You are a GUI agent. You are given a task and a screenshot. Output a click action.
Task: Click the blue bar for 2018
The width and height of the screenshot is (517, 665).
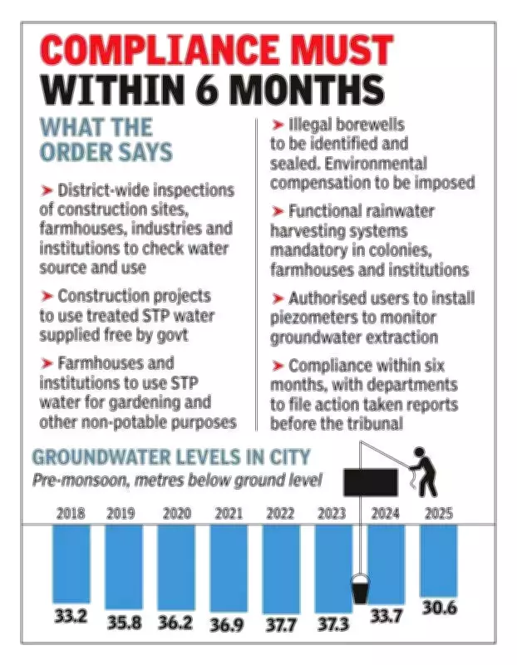pyautogui.click(x=71, y=562)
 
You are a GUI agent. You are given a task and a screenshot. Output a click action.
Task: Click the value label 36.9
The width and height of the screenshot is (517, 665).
pyautogui.click(x=229, y=624)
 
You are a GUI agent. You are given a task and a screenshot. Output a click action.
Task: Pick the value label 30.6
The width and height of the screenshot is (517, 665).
pyautogui.click(x=439, y=608)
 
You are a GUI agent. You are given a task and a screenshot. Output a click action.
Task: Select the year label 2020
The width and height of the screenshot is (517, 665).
pyautogui.click(x=176, y=514)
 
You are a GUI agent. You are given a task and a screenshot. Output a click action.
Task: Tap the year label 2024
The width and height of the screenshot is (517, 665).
pyautogui.click(x=386, y=514)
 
